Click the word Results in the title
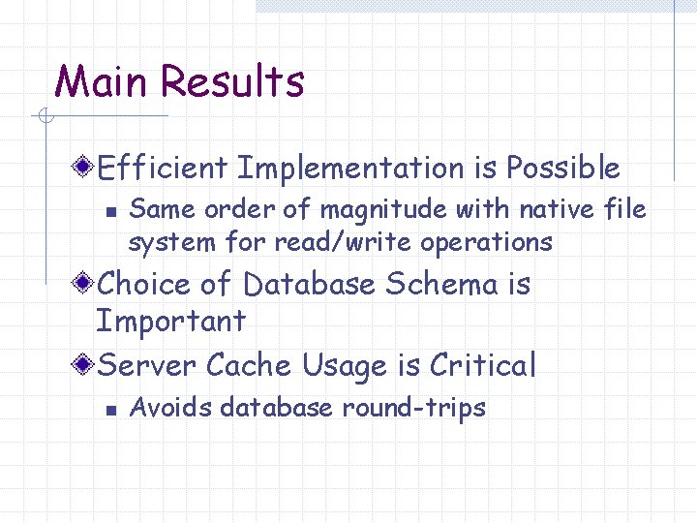tap(232, 82)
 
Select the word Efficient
tap(163, 169)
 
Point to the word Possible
tap(562, 169)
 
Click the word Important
tap(171, 321)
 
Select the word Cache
tap(250, 366)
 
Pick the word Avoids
tap(170, 408)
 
